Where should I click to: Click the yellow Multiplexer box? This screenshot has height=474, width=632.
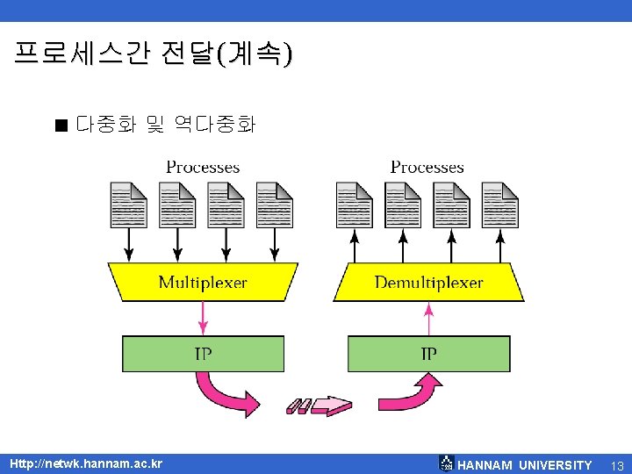click(x=203, y=282)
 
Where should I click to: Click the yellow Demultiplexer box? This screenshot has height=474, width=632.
click(x=428, y=282)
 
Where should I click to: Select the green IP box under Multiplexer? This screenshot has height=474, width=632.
click(x=203, y=354)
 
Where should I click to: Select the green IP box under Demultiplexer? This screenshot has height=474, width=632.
click(x=428, y=354)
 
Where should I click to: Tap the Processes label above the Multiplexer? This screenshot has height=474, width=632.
click(x=203, y=167)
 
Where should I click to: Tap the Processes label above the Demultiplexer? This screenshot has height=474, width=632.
click(x=427, y=167)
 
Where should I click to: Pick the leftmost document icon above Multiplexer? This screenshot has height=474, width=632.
click(x=129, y=205)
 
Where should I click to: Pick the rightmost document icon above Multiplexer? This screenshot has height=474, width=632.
click(x=275, y=205)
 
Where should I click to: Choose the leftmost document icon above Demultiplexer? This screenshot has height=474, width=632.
click(x=355, y=205)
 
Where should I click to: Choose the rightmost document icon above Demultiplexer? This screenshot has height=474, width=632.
click(x=500, y=205)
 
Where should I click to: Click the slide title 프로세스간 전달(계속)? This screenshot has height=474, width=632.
click(x=154, y=54)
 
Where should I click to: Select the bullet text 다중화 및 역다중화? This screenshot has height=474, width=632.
click(x=165, y=126)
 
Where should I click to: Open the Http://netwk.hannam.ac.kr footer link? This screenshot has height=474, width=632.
click(x=85, y=463)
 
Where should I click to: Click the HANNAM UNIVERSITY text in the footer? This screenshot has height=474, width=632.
click(x=525, y=464)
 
